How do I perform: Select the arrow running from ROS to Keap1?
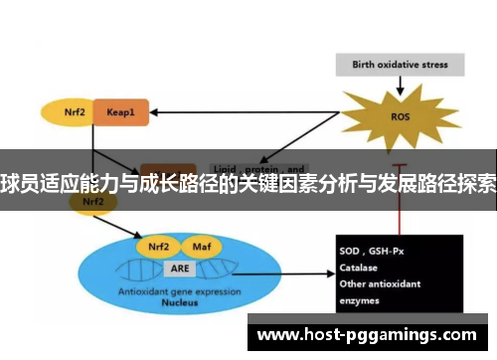248,112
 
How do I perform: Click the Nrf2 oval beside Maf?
158,246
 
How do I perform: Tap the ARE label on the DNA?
178,269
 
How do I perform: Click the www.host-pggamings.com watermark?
366,335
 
